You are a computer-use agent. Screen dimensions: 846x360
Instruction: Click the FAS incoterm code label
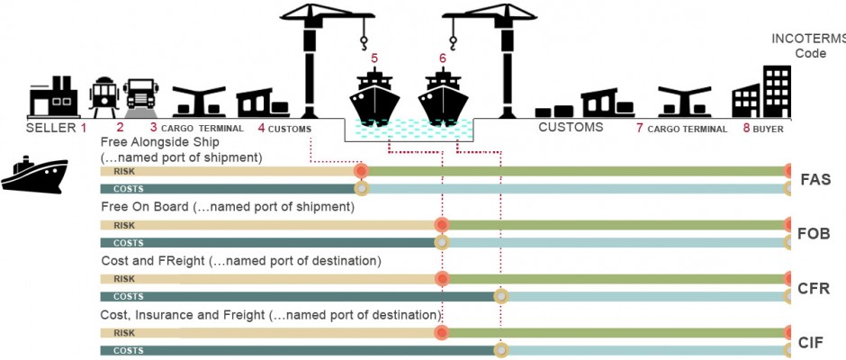(x=815, y=180)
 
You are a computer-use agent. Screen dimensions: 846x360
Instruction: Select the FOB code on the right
(x=814, y=234)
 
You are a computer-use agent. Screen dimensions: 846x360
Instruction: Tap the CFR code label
(x=814, y=288)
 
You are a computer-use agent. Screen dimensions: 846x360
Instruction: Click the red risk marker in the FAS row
(x=361, y=171)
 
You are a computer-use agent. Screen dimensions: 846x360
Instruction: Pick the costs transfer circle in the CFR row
(x=501, y=296)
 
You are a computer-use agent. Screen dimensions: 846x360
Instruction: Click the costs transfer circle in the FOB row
(x=442, y=242)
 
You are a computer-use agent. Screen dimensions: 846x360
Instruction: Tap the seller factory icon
(x=53, y=97)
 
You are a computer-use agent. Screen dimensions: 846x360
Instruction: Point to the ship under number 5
(x=374, y=97)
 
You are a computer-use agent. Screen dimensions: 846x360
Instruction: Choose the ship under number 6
(x=443, y=97)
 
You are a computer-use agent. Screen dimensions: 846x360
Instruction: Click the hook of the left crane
(x=364, y=42)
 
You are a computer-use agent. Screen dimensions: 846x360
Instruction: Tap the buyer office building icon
(x=761, y=92)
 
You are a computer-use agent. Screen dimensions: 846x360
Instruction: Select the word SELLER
(x=51, y=129)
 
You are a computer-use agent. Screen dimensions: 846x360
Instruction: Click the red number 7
(x=639, y=129)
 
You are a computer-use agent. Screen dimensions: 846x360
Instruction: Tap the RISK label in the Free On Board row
(x=124, y=225)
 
